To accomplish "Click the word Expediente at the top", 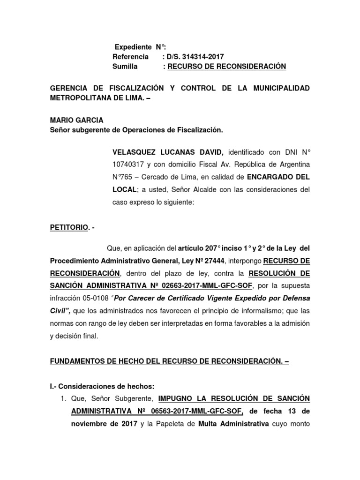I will click(134, 47).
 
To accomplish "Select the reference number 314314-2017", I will click(197, 57).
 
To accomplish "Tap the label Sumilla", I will click(125, 67).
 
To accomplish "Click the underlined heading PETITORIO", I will click(68, 228).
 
